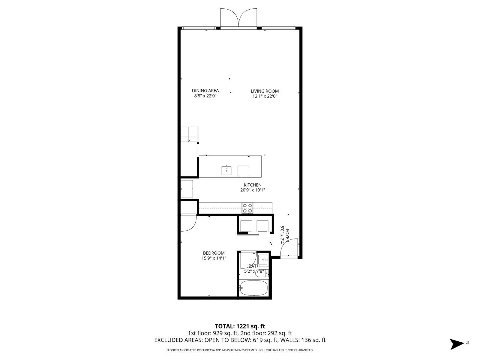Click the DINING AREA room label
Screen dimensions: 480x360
(205, 91)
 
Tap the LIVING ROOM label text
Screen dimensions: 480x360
(265, 91)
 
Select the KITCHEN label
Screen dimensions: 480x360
(253, 185)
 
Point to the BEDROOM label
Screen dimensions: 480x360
(214, 253)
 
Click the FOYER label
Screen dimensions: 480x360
(287, 235)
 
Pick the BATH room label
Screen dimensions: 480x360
(254, 266)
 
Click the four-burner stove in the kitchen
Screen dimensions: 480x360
(247, 208)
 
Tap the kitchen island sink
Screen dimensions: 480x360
(226, 170)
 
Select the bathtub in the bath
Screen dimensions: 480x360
(253, 288)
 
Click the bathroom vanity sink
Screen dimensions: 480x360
(262, 259)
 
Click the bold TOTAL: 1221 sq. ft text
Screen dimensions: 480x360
(240, 326)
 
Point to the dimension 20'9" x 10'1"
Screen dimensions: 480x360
(253, 190)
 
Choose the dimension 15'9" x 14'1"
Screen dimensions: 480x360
(214, 258)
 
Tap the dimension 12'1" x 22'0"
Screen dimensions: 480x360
(265, 96)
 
